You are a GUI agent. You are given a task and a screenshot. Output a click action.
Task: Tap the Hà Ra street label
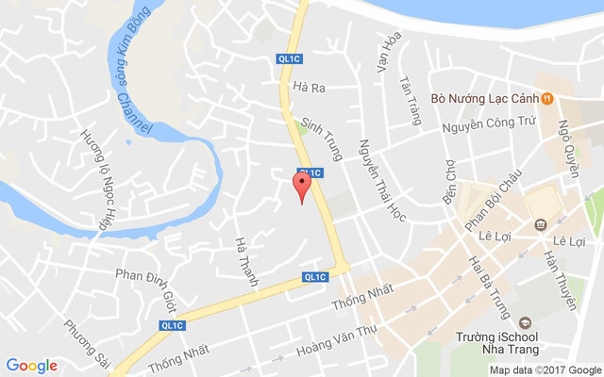tap(310, 88)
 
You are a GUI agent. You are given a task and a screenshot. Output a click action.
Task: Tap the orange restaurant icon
tap(547, 97)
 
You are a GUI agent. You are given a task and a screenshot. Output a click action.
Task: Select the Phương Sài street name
tap(83, 344)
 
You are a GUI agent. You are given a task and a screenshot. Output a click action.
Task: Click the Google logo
tap(32, 366)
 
